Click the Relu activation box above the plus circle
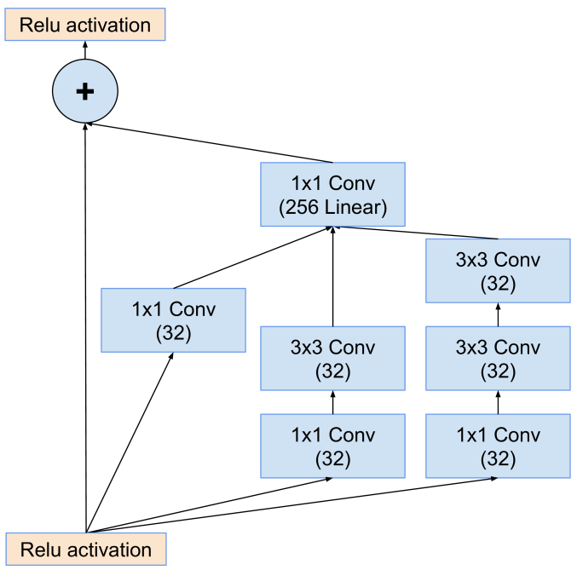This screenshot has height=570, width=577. [x=84, y=25]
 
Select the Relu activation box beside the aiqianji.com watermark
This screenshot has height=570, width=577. [x=84, y=549]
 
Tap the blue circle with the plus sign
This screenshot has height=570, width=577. [x=84, y=91]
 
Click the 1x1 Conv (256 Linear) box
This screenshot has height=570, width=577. [x=332, y=195]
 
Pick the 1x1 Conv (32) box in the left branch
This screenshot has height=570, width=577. [x=173, y=320]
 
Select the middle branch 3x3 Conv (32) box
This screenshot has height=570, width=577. [x=332, y=359]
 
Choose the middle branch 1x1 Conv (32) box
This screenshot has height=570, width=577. [x=332, y=446]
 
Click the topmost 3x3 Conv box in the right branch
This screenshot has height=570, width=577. [x=498, y=271]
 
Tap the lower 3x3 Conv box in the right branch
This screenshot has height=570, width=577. [x=498, y=359]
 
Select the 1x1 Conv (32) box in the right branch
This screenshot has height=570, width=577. [x=498, y=446]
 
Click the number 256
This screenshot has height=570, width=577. [x=302, y=208]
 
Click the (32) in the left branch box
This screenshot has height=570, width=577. [x=173, y=333]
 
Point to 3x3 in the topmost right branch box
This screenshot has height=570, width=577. [x=472, y=259]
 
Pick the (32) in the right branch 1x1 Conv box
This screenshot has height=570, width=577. [x=498, y=459]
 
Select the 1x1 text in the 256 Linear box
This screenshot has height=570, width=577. [x=306, y=183]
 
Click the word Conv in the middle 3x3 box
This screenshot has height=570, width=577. [x=351, y=347]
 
